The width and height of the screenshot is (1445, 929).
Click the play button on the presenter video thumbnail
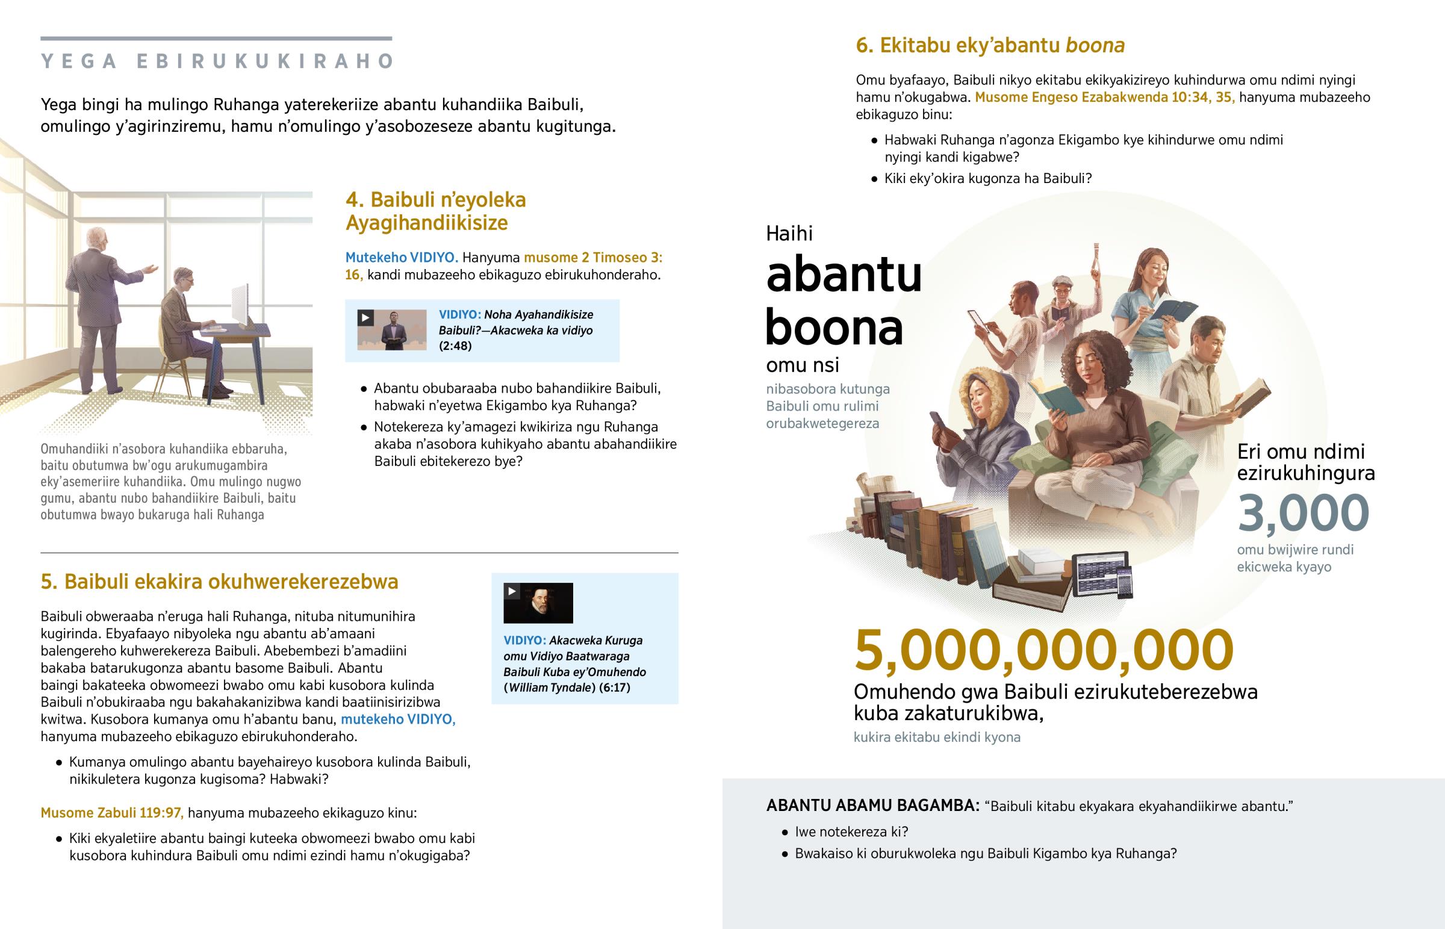click(365, 318)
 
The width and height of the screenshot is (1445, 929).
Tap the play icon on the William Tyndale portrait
click(512, 591)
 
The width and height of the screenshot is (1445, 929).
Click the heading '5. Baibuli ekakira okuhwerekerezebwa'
click(220, 582)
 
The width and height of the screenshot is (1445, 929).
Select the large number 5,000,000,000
click(1044, 650)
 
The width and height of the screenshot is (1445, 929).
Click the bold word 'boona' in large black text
click(834, 328)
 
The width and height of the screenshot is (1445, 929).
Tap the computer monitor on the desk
click(240, 305)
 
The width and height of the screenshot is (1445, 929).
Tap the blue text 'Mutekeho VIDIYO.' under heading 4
click(402, 258)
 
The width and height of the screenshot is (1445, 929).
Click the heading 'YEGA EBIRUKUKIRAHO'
click(217, 61)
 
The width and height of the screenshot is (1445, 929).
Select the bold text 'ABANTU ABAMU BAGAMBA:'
click(872, 806)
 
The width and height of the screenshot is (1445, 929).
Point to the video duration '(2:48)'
click(455, 346)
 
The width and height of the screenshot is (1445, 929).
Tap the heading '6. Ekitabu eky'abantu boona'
click(990, 46)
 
